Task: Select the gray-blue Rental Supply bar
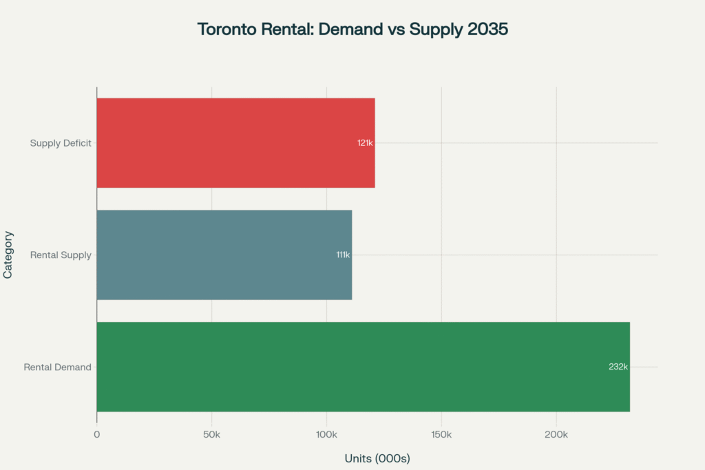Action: [x=224, y=255]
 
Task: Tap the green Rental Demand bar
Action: [x=363, y=367]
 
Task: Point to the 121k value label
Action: [x=365, y=143]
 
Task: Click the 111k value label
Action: [x=342, y=255]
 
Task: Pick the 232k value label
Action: [x=618, y=367]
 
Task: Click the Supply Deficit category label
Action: [x=61, y=143]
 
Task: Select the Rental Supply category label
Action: [x=61, y=255]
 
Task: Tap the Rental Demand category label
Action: [x=58, y=367]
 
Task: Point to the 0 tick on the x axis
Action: [x=97, y=435]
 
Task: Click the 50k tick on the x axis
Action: [x=211, y=435]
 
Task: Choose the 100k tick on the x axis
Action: [x=326, y=435]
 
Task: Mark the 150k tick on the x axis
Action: [x=441, y=435]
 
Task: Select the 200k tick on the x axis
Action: [x=556, y=435]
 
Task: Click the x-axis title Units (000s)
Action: [x=377, y=458]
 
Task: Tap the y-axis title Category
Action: [x=8, y=255]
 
